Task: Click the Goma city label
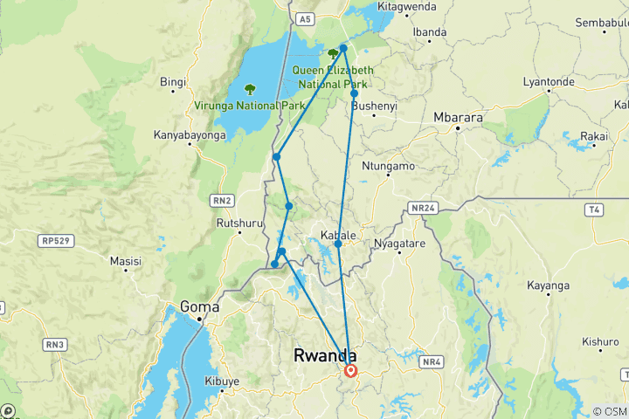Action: tap(198, 306)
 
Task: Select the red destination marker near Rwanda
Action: tap(351, 370)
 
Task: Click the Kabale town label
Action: tap(339, 236)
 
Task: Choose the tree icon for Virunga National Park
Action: tap(251, 89)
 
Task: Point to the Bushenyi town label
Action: tap(374, 106)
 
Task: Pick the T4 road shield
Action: tap(595, 209)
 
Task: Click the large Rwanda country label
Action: tap(325, 356)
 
